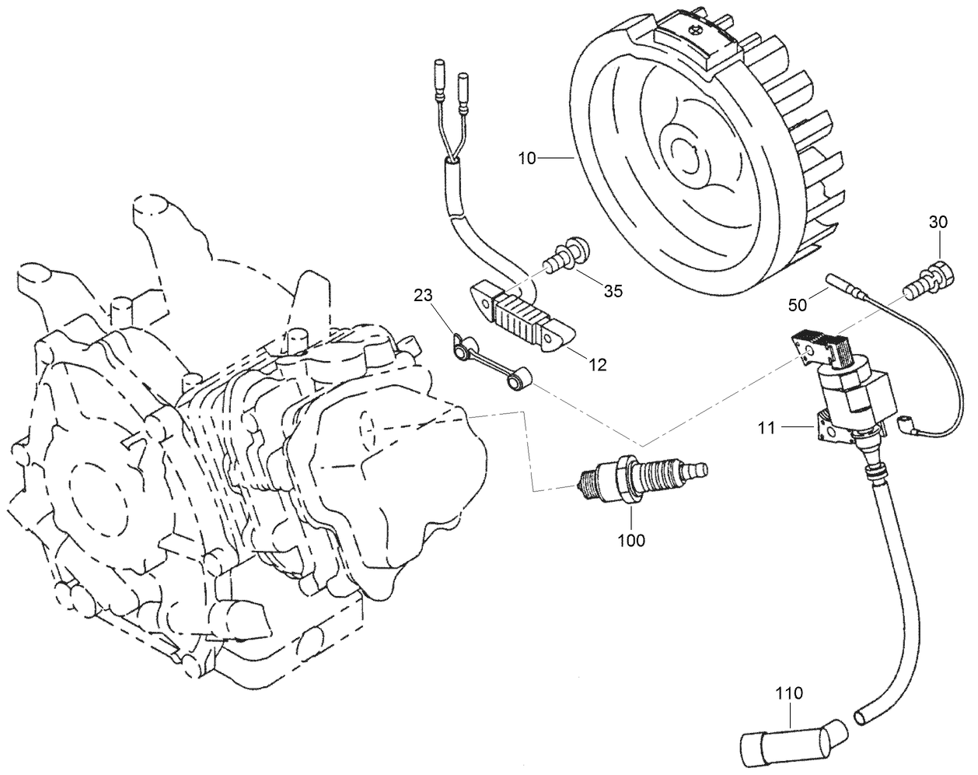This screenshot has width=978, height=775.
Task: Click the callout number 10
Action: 527,159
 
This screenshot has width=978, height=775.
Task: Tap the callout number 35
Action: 613,292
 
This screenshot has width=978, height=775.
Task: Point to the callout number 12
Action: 598,363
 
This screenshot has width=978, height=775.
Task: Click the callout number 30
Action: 938,222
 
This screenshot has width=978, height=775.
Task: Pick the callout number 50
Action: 798,306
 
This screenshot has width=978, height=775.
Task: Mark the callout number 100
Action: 630,540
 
